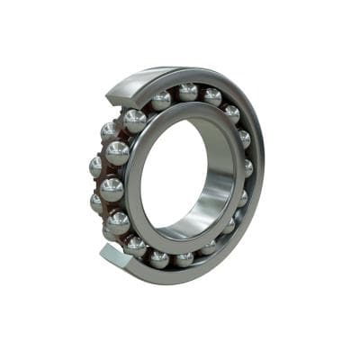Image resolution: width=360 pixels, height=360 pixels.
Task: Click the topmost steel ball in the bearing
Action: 187,91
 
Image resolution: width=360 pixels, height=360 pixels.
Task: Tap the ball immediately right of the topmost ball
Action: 211,96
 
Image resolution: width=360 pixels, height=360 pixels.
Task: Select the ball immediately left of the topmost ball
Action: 161,100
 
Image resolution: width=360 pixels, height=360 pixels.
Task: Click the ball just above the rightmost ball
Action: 243,139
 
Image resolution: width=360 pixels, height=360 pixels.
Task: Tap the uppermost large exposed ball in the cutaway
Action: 134,121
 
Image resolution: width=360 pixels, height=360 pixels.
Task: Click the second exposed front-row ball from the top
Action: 117,153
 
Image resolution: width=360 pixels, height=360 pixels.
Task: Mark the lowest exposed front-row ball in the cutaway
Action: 118,222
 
